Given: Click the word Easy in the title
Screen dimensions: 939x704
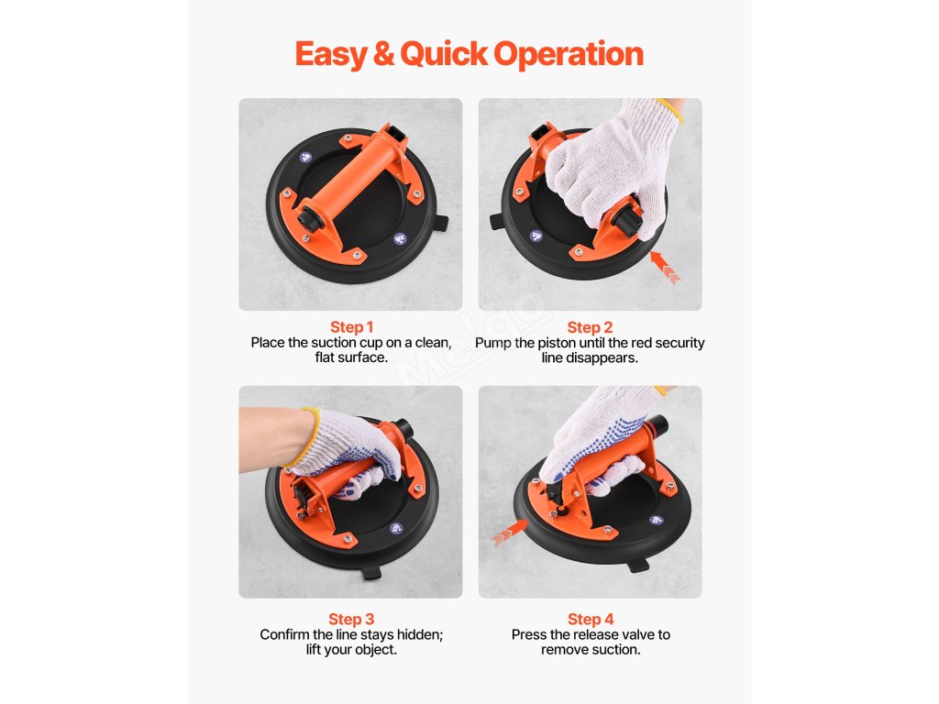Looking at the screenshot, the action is click(330, 54).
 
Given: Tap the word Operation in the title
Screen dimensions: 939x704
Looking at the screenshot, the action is click(569, 54).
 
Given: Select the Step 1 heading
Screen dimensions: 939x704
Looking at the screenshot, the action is click(351, 327).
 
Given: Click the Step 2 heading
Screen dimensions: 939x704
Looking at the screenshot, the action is click(590, 327).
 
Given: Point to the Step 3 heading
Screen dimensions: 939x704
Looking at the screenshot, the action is click(351, 619).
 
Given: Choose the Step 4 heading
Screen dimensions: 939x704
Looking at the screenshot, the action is click(591, 619).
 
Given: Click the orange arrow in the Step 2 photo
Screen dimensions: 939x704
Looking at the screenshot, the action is click(666, 267).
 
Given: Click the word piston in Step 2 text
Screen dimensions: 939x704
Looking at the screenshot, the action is click(558, 343).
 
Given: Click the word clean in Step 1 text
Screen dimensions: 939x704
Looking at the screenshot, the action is click(433, 343).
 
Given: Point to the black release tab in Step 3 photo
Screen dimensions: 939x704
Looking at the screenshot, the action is click(371, 573).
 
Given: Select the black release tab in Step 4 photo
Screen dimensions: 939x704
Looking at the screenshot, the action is click(639, 564).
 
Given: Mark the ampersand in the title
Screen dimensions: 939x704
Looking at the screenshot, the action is click(383, 54).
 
